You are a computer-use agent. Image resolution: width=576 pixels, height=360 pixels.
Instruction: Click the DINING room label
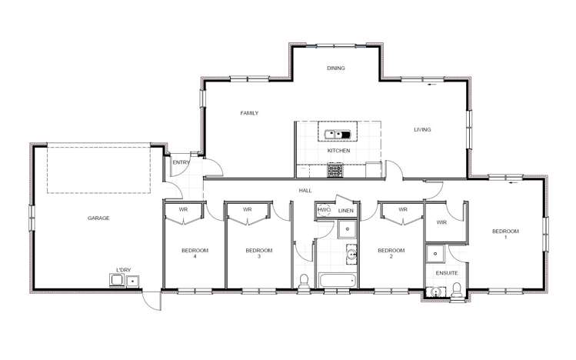[x=335, y=68]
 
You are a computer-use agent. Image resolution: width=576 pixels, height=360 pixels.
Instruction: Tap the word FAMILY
[x=249, y=113]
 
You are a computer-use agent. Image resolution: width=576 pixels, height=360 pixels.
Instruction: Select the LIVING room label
[x=422, y=129]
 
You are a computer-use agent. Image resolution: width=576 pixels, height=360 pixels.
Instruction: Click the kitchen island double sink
[x=338, y=135]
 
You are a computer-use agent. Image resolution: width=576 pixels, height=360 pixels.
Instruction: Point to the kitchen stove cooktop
[x=337, y=172]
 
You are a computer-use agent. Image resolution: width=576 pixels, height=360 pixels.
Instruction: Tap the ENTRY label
[x=181, y=162]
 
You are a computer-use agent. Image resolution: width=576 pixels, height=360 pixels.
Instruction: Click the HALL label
[x=305, y=191]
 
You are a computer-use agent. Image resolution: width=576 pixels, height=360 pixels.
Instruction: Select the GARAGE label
[x=98, y=218]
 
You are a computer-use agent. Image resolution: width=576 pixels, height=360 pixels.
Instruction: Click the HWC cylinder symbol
[x=324, y=209]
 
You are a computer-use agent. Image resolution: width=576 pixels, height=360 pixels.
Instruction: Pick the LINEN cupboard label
[x=346, y=210]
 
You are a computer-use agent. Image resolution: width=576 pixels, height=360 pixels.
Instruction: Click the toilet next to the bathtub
[x=305, y=282]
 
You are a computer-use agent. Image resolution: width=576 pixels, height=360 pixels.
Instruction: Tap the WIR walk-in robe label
[x=441, y=222]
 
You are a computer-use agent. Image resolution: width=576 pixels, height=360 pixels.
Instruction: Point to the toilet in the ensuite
[x=458, y=288]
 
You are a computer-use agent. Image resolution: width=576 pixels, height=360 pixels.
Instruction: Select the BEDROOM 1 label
[x=506, y=234]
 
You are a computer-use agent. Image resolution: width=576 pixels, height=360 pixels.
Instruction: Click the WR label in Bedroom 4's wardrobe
[x=184, y=209]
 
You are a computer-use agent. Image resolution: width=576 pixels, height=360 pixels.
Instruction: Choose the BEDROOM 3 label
[x=258, y=253]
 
